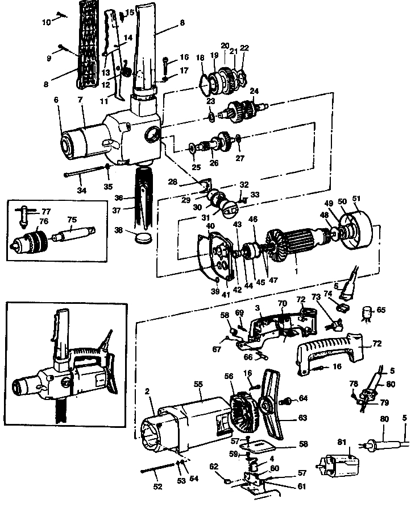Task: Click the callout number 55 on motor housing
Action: coord(198,385)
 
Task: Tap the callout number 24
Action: coord(254,90)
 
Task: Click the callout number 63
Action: coord(302,418)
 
